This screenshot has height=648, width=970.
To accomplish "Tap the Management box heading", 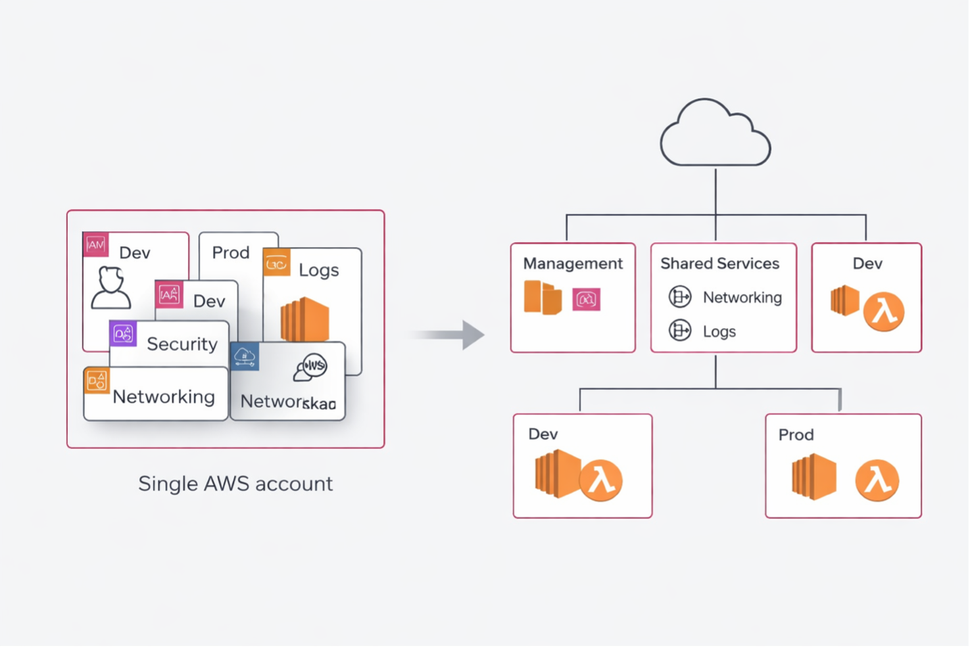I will (x=572, y=264).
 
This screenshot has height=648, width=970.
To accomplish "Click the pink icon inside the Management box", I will (x=586, y=300).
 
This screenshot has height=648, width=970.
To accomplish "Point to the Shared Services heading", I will (x=719, y=264).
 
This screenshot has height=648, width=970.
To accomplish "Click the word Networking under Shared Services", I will (x=742, y=298).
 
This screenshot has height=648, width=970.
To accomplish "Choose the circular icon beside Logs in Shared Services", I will (x=680, y=331).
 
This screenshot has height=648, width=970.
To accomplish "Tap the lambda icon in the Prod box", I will (x=877, y=480).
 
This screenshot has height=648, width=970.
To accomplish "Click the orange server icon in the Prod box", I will (x=814, y=476).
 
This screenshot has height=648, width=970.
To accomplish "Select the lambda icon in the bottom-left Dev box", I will (x=600, y=480).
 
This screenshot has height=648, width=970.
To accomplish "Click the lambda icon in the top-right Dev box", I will (x=883, y=312).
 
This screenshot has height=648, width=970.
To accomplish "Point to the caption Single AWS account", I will (x=235, y=484).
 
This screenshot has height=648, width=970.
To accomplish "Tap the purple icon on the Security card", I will (x=123, y=334).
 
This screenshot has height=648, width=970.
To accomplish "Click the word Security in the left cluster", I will (x=182, y=344).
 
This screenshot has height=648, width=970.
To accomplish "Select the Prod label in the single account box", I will (x=230, y=252).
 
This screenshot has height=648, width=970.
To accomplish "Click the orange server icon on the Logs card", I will (x=304, y=319).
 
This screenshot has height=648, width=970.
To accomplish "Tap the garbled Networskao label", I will (x=288, y=402).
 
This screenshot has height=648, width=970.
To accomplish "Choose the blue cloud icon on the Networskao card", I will (x=245, y=357).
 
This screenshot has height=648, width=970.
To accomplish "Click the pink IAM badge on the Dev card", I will (x=95, y=244).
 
